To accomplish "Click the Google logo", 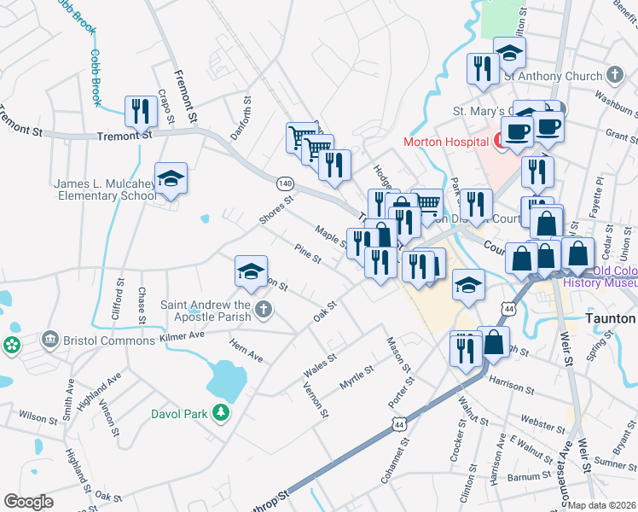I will coord(28,502).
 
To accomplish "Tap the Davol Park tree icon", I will coord(221,414).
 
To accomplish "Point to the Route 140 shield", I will coord(285,183).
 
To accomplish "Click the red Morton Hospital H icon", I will coord(503,141).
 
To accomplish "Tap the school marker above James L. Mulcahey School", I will coord(171,179).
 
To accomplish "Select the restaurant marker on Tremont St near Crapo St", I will coord(139,111).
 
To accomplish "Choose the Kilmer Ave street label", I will coord(183,337).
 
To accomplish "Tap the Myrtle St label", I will coord(357,377).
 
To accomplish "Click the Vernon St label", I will coord(316,399).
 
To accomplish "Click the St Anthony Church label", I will coord(553,76).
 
